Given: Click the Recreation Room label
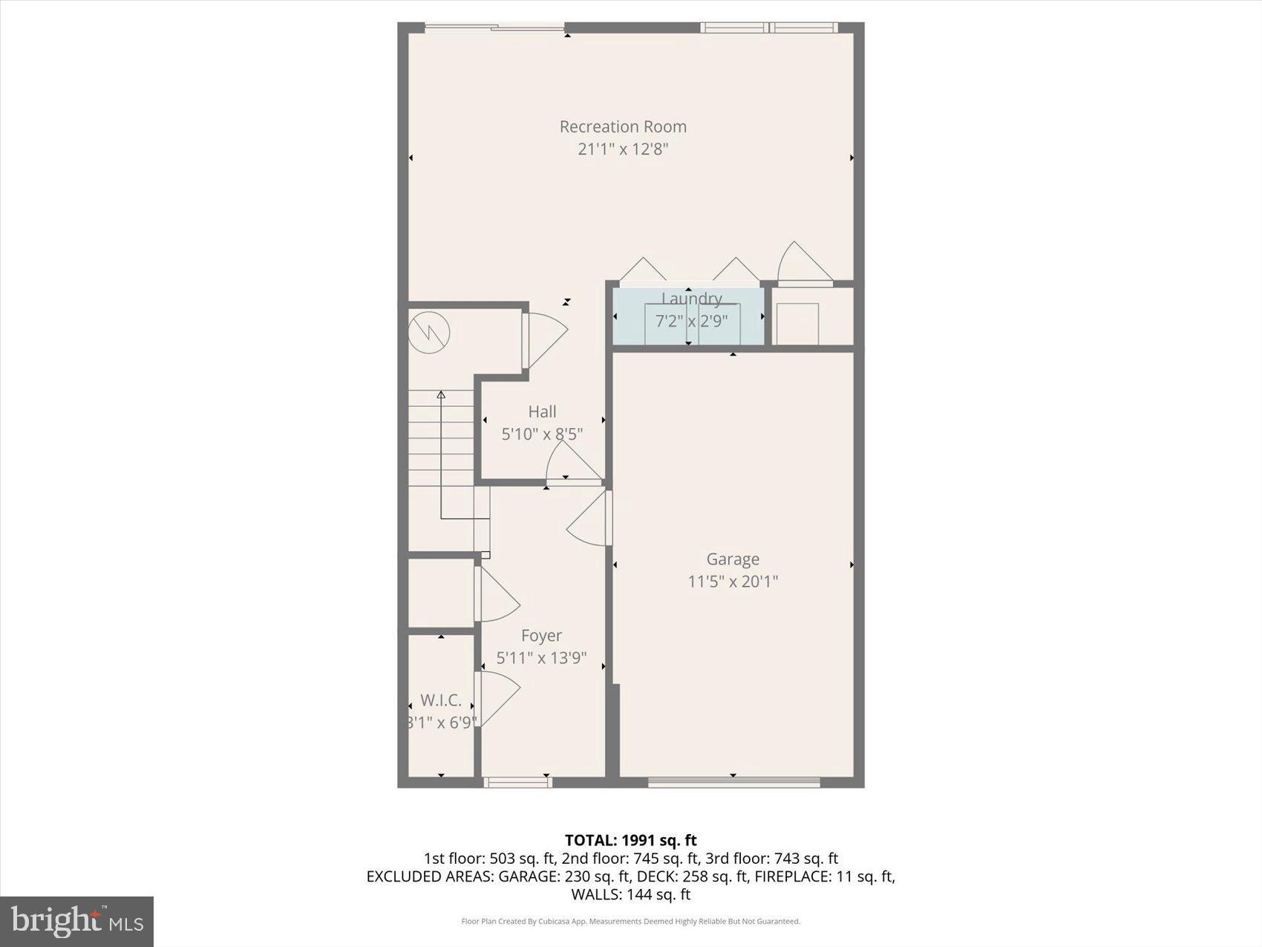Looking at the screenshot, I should click(623, 126).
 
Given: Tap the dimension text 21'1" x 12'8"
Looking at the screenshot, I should click(623, 149).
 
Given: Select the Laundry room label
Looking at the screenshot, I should click(691, 299).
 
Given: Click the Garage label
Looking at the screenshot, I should click(733, 559).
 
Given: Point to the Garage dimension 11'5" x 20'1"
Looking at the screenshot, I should click(733, 581).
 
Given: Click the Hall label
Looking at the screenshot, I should click(542, 411).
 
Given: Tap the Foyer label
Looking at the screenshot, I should click(541, 636).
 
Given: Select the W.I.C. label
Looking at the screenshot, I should click(441, 700).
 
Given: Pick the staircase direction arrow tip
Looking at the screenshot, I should click(441, 394).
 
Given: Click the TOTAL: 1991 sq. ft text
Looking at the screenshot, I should click(630, 840).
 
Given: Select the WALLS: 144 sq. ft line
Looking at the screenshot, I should click(630, 894).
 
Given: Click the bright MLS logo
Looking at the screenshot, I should click(76, 922).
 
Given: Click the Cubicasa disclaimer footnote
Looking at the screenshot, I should click(630, 922).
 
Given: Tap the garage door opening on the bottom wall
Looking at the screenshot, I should click(733, 781).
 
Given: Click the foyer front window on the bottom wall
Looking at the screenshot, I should click(517, 781).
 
